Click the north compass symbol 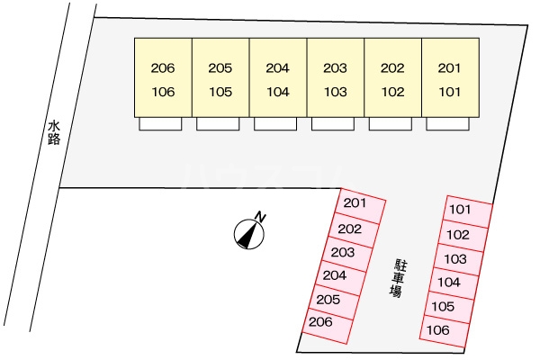pyautogui.click(x=247, y=234)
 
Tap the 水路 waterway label pyautogui.click(x=54, y=134)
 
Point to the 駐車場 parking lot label pyautogui.click(x=396, y=278)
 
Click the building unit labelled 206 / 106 pyautogui.click(x=163, y=77)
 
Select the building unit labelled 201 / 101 pyautogui.click(x=449, y=77)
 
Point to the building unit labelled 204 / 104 pyautogui.click(x=277, y=77)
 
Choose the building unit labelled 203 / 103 pyautogui.click(x=335, y=77)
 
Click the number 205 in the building pyautogui.click(x=220, y=67)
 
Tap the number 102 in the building pyautogui.click(x=391, y=91)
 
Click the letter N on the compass pyautogui.click(x=259, y=217)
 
